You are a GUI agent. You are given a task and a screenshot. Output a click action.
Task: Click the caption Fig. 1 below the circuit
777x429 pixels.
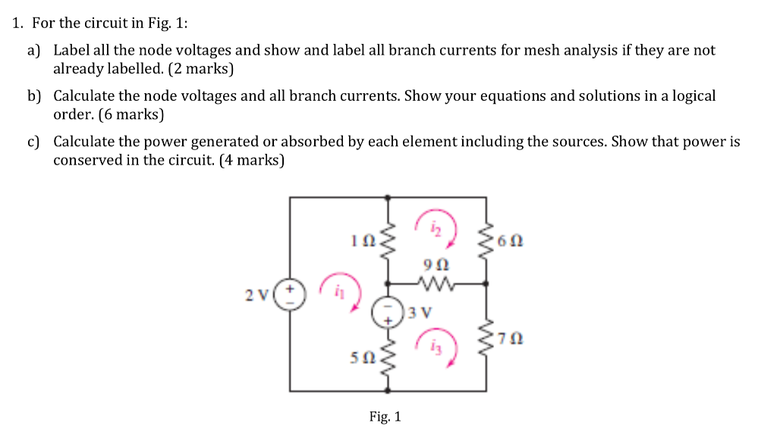385,416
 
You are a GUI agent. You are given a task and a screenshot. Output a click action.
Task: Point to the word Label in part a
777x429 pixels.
70,51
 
